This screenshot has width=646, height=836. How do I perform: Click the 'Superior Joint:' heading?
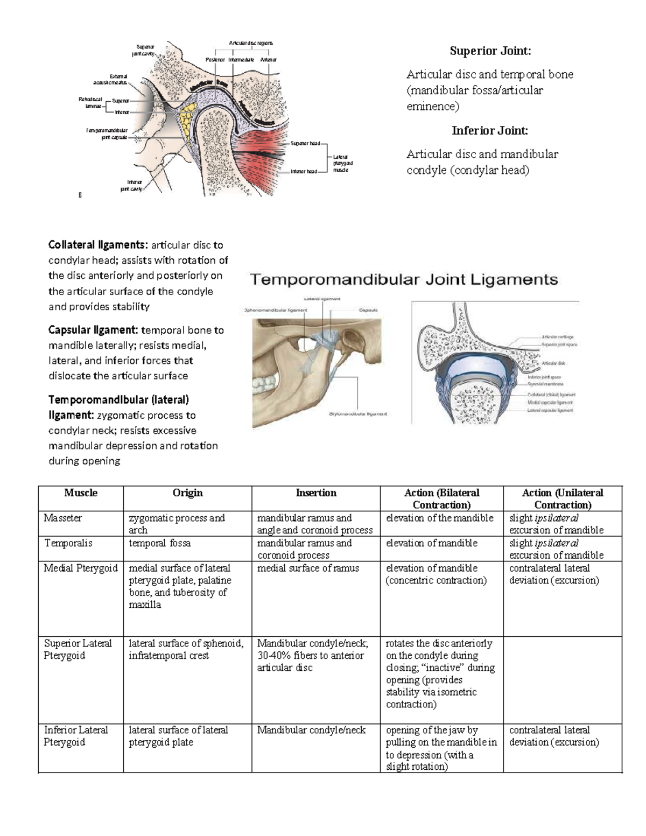490,51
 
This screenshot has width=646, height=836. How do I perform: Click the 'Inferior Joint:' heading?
489,131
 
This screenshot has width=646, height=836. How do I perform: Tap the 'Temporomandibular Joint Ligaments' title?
404,280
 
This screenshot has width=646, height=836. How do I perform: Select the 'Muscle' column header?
81,493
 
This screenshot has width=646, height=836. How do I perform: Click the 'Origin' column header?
187,493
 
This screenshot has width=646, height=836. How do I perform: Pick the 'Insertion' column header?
316,493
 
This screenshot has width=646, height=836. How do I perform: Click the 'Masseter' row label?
63,518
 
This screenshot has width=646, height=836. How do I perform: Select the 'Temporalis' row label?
68,543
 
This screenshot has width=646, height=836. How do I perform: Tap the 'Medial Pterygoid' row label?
81,568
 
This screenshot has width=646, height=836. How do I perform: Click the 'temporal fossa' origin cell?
159,543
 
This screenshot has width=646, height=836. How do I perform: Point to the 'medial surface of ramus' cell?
308,568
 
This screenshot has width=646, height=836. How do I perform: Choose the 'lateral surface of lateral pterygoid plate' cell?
178,736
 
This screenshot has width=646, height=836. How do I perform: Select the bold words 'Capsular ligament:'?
93,330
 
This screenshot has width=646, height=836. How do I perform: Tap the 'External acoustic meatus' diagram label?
110,79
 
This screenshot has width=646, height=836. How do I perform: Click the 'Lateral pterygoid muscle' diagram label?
342,163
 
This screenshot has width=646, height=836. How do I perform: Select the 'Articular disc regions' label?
250,43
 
